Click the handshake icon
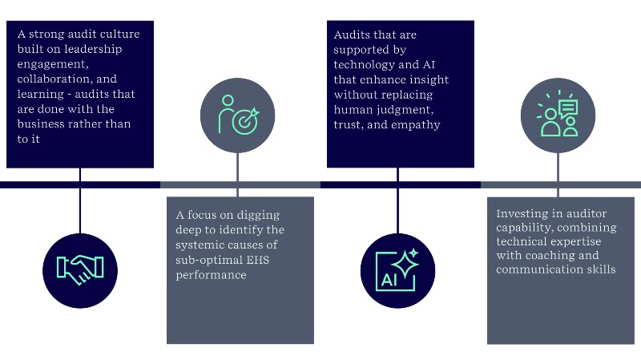tap(80, 269)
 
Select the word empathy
tap(413, 123)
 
